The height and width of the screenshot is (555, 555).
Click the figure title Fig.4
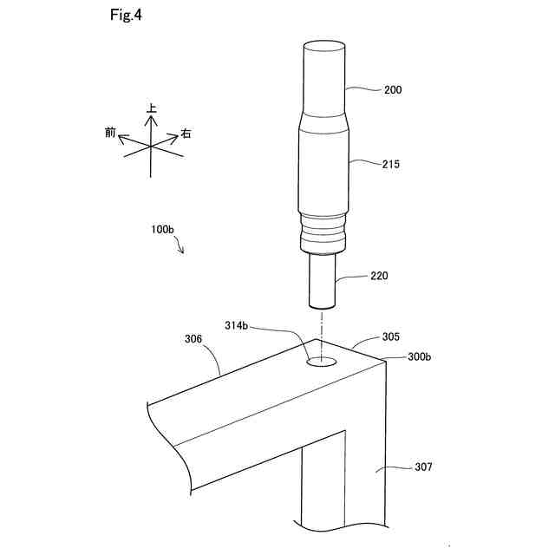pyautogui.click(x=127, y=16)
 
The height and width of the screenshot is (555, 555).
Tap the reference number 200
pyautogui.click(x=392, y=88)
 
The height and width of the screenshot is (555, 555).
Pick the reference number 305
pyautogui.click(x=391, y=336)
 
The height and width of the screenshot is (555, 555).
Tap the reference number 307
pyautogui.click(x=422, y=467)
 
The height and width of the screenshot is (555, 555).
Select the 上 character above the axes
pyautogui.click(x=152, y=109)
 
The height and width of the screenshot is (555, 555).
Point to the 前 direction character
pyautogui.click(x=110, y=132)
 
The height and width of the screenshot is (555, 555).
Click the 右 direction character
pyautogui.click(x=186, y=134)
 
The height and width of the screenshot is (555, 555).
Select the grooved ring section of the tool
pyautogui.click(x=323, y=234)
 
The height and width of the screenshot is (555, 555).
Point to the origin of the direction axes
pyautogui.click(x=152, y=147)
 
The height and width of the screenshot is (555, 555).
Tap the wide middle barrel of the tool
pyautogui.click(x=323, y=169)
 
